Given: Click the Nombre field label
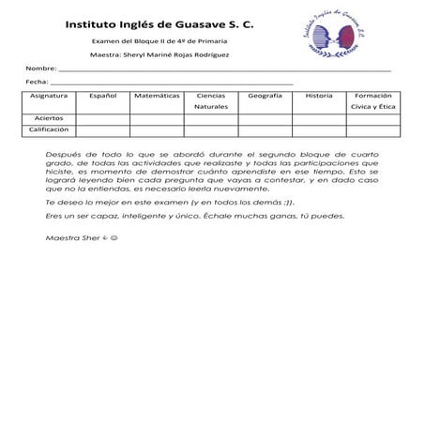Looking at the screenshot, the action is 40,69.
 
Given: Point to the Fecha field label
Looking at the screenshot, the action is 37,83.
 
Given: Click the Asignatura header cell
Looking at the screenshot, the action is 49,96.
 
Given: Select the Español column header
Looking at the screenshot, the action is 102,96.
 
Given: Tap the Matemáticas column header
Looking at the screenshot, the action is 157,96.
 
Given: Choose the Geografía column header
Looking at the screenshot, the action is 266,96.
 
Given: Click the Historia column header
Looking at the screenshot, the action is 319,96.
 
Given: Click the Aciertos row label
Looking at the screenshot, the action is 49,119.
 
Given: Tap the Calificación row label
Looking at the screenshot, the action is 49,130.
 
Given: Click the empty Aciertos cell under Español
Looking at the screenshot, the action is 102,119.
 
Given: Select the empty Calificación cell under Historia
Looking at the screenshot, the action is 319,130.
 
